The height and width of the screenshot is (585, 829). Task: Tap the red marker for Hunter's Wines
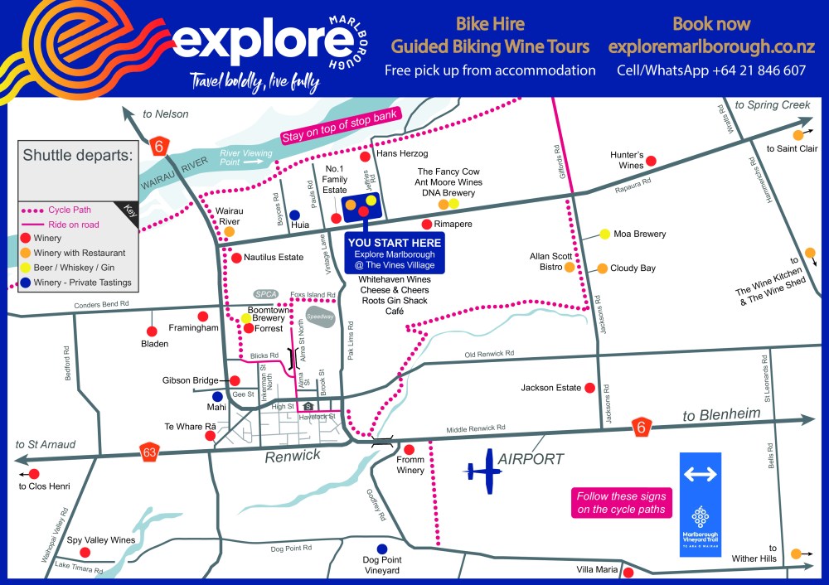[651, 161]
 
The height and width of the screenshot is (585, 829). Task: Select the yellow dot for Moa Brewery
[605, 234]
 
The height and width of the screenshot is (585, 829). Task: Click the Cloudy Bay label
[633, 268]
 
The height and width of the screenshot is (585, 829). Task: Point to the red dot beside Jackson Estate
[589, 388]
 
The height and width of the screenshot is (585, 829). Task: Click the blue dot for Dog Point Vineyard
[381, 549]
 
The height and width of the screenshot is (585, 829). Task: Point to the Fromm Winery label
[410, 465]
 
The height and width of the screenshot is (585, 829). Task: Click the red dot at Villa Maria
[628, 573]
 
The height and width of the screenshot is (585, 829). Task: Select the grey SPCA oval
[265, 294]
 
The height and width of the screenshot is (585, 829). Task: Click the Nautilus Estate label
[274, 258]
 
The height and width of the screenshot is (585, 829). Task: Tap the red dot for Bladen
[153, 317]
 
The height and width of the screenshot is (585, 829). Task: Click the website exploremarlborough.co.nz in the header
[711, 46]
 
